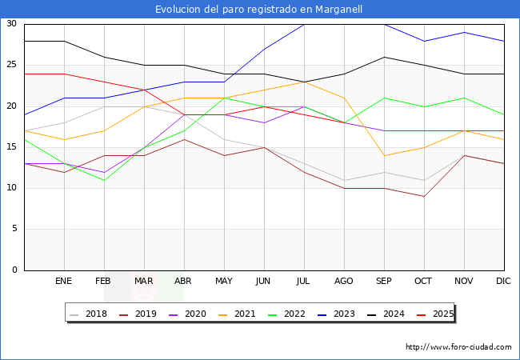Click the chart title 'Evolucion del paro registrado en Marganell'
[x=259, y=10]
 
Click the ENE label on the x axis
[x=64, y=282]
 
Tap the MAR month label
[x=144, y=282]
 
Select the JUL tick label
[x=304, y=282]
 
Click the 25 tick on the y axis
[x=12, y=65]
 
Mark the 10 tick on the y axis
[x=12, y=188]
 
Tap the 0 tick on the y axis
[x=15, y=270]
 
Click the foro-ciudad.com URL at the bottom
[x=458, y=347]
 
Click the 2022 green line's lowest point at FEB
[x=104, y=180]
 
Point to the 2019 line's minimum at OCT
[x=424, y=196]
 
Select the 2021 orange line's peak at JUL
[x=304, y=82]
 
